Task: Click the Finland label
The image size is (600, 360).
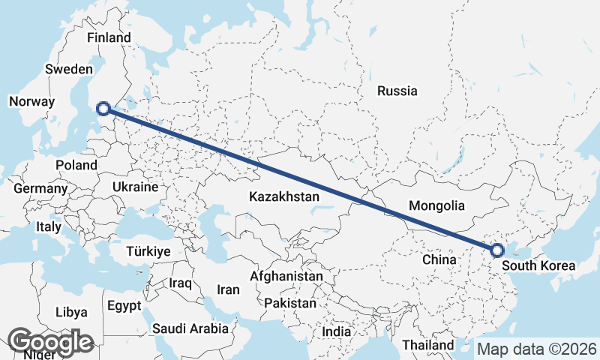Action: click(x=109, y=37)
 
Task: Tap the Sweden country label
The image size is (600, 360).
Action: click(x=68, y=68)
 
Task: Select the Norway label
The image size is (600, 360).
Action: click(x=31, y=101)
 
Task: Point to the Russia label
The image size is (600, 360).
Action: click(x=397, y=91)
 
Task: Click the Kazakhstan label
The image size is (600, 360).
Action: click(x=284, y=196)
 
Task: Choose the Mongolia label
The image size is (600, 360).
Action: click(x=436, y=205)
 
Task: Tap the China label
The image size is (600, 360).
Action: click(x=439, y=259)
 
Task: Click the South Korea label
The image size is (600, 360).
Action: click(x=538, y=265)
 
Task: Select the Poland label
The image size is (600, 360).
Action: click(x=76, y=165)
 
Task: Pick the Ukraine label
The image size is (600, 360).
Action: click(x=135, y=187)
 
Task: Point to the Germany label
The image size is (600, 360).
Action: click(x=40, y=189)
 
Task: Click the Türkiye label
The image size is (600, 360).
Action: click(x=148, y=250)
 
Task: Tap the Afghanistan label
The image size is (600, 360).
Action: click(x=286, y=276)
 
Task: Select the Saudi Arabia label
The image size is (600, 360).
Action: click(x=190, y=328)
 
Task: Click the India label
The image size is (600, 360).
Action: click(x=336, y=331)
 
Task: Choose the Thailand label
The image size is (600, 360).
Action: click(x=427, y=345)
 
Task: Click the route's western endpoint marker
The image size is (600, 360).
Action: click(x=104, y=109)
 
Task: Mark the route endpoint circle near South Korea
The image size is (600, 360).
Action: click(x=496, y=250)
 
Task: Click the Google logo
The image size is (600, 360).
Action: click(x=50, y=342)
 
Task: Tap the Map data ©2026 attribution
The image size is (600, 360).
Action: click(x=537, y=349)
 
